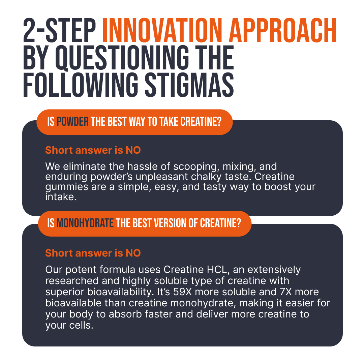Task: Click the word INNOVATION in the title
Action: pos(162,31)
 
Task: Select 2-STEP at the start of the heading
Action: pos(59,31)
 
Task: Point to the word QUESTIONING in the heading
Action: pos(122,58)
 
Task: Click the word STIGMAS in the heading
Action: pos(189,85)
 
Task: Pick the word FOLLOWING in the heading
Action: pos(81,85)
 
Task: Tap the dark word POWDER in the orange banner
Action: pos(73,122)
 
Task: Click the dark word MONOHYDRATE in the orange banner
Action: pos(85,223)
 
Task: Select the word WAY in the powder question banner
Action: pos(137,122)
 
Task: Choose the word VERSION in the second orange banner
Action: pos(170,223)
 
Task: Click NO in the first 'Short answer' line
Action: pos(133,150)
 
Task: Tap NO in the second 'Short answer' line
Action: pos(133,253)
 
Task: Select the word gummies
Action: pos(67,187)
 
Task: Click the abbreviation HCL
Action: pos(217,270)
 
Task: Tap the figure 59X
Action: pos(182,292)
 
